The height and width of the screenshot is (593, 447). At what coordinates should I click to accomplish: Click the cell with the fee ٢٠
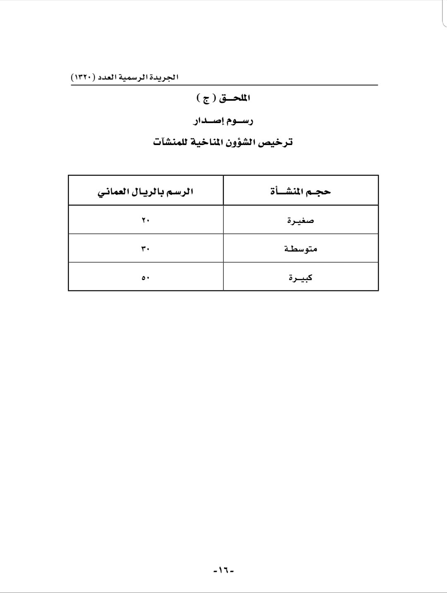pos(145,220)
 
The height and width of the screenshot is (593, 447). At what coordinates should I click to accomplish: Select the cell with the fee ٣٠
pos(145,249)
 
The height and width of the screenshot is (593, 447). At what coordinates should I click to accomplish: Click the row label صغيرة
pos(301,220)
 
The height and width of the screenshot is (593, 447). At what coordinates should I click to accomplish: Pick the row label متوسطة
pos(301,249)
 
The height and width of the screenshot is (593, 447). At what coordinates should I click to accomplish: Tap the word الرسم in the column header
pos(180,192)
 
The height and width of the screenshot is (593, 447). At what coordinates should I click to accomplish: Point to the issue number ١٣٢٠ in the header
pos(82,77)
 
